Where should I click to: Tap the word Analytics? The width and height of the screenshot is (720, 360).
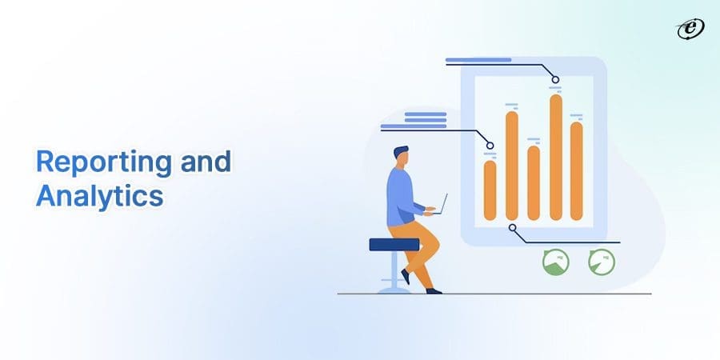tap(99, 196)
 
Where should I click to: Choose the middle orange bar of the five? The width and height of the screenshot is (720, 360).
tap(534, 182)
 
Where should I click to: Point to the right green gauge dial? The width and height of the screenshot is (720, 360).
tap(602, 262)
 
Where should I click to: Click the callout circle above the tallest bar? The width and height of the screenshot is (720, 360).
tap(555, 78)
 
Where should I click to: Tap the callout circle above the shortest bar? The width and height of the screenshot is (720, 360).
tap(490, 146)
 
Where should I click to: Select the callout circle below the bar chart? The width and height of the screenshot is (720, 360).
tap(512, 228)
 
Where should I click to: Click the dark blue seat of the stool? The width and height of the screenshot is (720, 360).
tap(394, 244)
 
